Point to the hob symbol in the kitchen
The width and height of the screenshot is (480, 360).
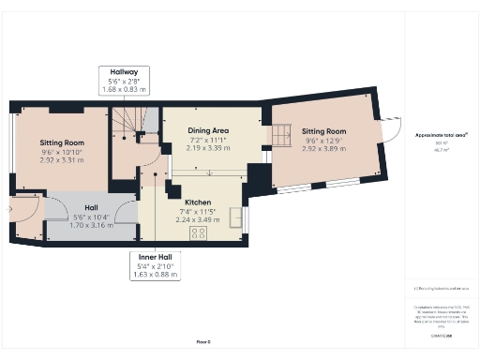point(198,232)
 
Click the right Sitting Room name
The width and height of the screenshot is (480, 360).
point(322,131)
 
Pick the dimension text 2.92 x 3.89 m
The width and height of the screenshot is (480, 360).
point(322,147)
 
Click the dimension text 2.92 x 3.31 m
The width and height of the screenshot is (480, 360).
point(62,160)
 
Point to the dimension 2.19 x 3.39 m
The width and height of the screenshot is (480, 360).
point(207,148)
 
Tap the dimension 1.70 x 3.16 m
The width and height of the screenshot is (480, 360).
point(91,225)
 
